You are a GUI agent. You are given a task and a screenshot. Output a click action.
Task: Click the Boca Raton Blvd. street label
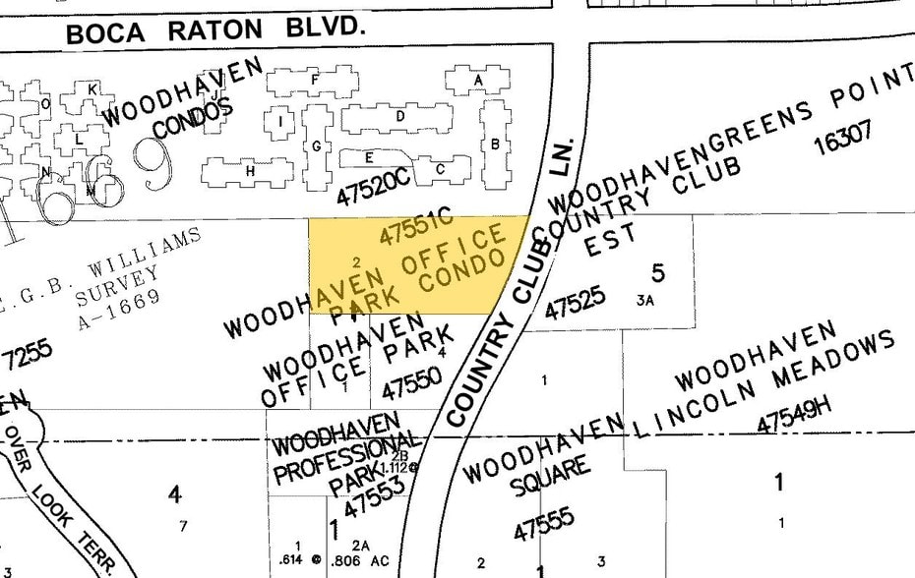pos(215,29)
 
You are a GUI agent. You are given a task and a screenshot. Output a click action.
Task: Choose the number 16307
pos(843,139)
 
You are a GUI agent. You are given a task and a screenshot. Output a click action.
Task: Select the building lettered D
pos(399,116)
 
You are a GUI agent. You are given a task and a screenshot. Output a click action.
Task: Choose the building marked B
pos(495,144)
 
